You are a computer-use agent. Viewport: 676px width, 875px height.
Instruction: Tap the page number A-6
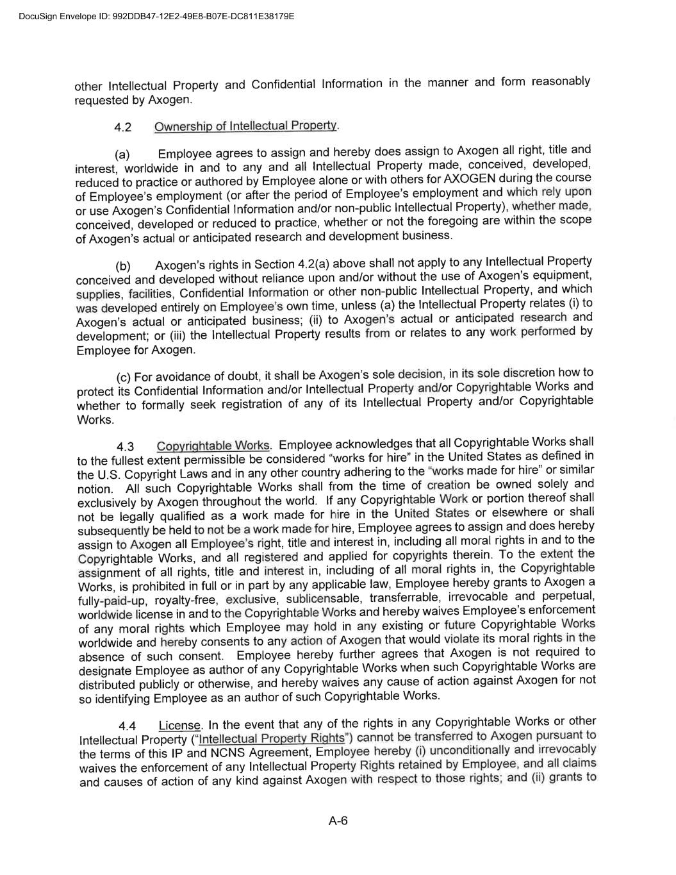coord(338,821)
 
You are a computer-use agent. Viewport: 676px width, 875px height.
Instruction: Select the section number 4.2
coord(122,128)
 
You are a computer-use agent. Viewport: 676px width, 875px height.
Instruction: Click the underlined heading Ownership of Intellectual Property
coord(245,126)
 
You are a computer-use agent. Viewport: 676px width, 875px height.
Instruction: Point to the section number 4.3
coord(126,447)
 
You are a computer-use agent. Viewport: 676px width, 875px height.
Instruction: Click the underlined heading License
coord(179,726)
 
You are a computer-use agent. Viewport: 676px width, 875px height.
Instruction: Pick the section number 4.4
coord(128,726)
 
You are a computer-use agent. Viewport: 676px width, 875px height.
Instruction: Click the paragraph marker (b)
coord(123,266)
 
